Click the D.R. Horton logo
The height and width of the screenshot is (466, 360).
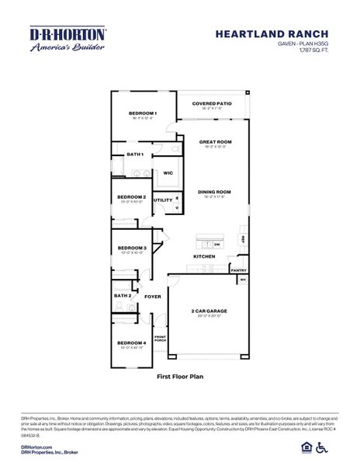tap(67, 39)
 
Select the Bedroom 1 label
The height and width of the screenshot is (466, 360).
tap(143, 113)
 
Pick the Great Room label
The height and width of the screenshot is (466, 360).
tap(215, 142)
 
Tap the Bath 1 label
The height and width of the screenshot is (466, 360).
tap(135, 155)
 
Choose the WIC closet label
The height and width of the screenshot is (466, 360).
tap(168, 172)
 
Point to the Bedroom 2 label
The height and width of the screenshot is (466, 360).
tap(132, 197)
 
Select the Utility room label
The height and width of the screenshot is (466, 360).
tap(163, 200)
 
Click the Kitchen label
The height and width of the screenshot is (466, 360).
tap(204, 256)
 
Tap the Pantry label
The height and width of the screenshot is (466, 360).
tap(238, 270)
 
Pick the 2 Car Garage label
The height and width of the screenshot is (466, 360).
tap(209, 311)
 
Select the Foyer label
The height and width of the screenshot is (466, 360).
tap(152, 296)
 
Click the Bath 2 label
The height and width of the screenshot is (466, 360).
tap(123, 296)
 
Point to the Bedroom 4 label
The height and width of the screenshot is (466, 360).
tap(132, 343)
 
